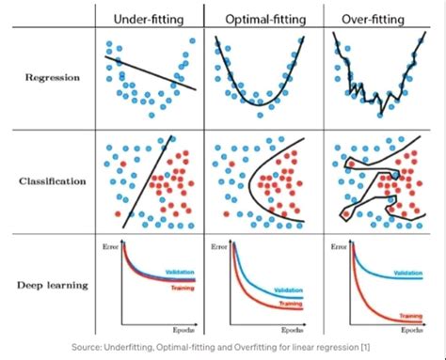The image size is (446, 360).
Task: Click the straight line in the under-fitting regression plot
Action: point(151,73)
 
